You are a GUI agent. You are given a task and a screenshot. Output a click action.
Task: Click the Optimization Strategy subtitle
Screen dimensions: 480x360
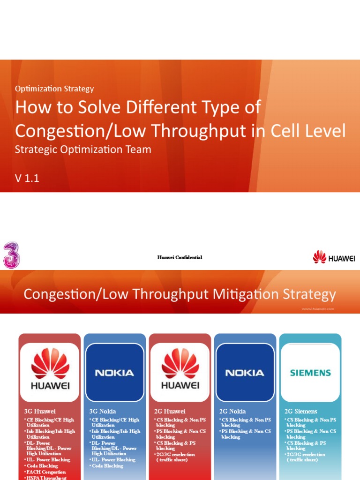click(54, 89)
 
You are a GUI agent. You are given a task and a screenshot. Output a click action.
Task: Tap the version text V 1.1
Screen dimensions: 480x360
click(27, 178)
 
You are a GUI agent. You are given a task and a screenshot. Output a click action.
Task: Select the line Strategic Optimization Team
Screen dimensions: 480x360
click(83, 150)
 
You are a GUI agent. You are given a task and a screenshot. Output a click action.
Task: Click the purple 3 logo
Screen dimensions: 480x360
click(11, 256)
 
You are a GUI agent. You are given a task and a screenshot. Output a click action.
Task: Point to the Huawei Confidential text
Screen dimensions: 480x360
click(180, 257)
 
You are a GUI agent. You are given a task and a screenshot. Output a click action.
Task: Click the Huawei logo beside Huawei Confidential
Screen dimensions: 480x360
click(334, 257)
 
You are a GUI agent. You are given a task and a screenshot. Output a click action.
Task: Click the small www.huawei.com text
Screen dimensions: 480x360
click(317, 309)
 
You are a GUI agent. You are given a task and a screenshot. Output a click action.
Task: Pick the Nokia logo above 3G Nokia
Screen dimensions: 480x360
click(114, 373)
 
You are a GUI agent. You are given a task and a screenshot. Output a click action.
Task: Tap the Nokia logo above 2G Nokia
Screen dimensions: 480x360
click(245, 373)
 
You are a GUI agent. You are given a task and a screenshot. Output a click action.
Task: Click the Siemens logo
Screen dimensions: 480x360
click(310, 373)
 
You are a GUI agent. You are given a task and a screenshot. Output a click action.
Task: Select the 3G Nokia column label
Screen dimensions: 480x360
click(103, 412)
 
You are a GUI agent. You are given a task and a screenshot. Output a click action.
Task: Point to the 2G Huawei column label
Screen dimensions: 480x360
click(170, 412)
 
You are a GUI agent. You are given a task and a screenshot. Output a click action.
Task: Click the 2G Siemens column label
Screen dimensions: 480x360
click(301, 412)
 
